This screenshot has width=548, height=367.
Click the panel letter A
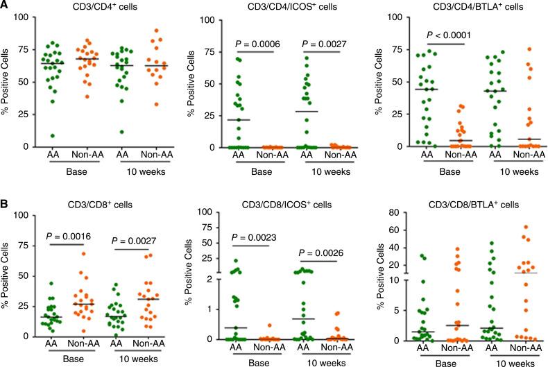(6, 7)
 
